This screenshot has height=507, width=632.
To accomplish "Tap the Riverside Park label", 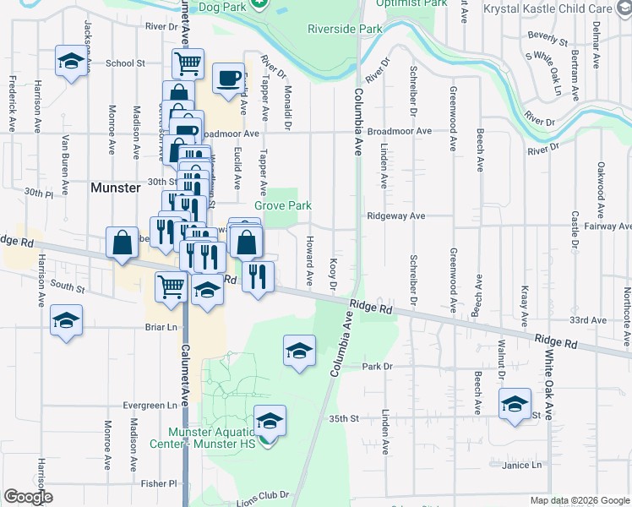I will (x=345, y=29).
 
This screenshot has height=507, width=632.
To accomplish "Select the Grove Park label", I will (x=283, y=205).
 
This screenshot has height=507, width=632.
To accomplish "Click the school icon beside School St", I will (x=72, y=61).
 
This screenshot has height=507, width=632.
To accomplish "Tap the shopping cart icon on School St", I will (x=188, y=62).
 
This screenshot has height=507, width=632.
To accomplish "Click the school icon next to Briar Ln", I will (x=66, y=322).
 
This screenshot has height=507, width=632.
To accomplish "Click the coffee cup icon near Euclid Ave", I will (x=228, y=78).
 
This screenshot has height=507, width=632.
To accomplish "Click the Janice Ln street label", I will (x=521, y=465).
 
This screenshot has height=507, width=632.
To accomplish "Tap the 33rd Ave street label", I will (x=588, y=321).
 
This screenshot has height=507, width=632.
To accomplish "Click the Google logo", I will (x=28, y=497).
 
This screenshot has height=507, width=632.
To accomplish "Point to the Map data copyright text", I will (x=580, y=500).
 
